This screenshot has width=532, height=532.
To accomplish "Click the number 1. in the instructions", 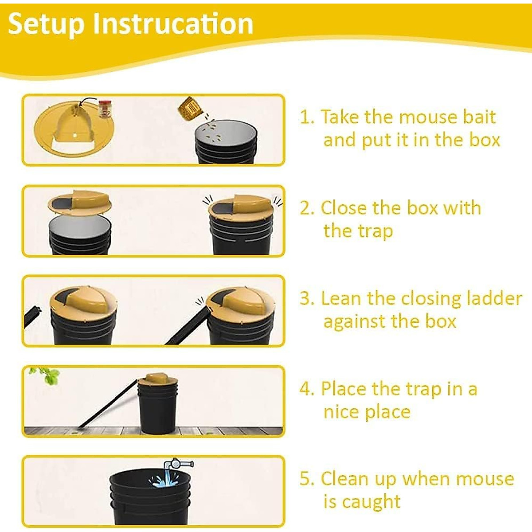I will click(x=307, y=117).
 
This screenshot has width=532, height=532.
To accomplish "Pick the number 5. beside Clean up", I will click(x=307, y=479).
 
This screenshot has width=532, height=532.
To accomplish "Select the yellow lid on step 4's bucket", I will click(x=157, y=379).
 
